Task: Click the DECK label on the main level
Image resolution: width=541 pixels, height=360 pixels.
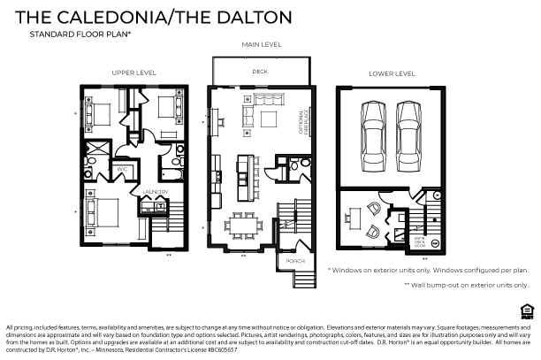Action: (260, 71)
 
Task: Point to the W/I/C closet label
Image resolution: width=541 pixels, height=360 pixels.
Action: (123, 169)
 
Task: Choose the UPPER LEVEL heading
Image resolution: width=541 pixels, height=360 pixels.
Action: (133, 73)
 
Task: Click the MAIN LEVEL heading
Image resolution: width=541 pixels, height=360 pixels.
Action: (261, 43)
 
